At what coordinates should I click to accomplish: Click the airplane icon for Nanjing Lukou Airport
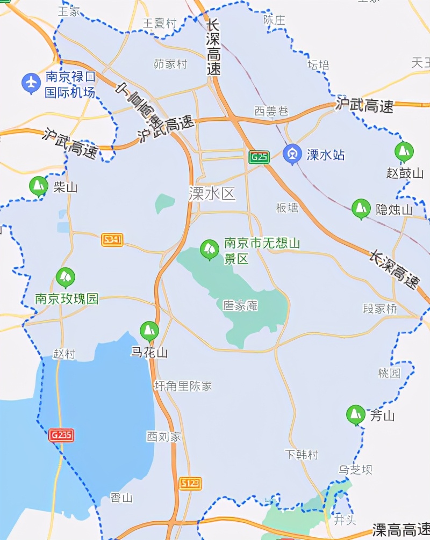click(31, 83)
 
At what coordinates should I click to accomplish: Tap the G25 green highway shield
click(259, 157)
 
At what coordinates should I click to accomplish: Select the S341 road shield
click(112, 240)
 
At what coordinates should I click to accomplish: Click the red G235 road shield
click(61, 435)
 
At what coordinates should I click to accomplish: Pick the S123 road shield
click(190, 483)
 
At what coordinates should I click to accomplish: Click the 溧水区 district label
click(212, 193)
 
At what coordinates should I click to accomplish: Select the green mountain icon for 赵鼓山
click(404, 152)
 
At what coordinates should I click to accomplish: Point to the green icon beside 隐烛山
click(361, 209)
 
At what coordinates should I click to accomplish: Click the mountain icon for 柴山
click(38, 186)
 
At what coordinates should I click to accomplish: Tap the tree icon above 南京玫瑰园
click(66, 278)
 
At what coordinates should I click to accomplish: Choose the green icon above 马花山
click(149, 331)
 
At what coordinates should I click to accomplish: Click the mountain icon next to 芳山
click(355, 415)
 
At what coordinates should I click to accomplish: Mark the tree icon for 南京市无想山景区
click(209, 249)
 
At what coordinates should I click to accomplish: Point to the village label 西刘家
click(164, 437)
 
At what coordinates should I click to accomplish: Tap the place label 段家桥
click(380, 309)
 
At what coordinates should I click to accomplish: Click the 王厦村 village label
click(160, 23)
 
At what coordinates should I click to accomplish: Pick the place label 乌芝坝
click(355, 470)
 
